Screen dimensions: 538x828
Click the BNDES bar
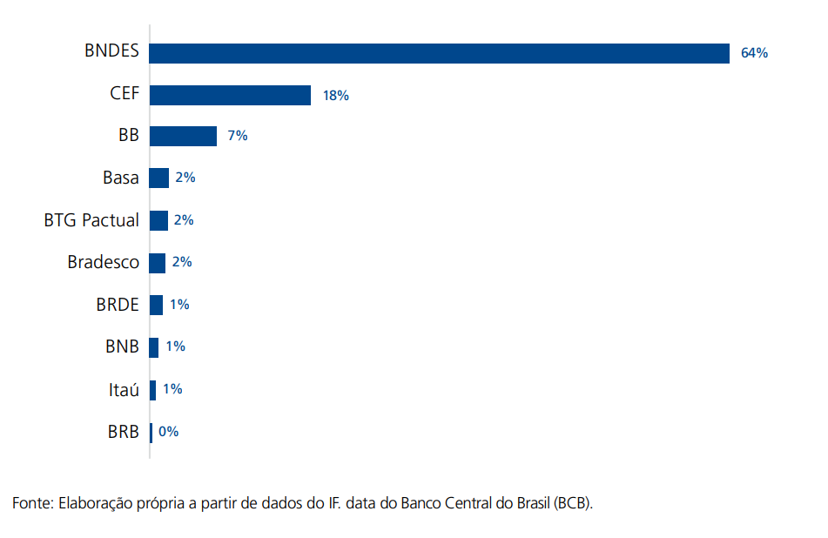tap(439, 53)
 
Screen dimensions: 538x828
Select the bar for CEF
tap(230, 95)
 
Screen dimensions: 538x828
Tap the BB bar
tap(183, 136)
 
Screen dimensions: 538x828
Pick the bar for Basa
tap(158, 178)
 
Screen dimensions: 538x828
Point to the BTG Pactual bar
tap(158, 220)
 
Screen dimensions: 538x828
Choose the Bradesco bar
tap(158, 262)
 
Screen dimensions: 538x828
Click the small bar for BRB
tap(151, 432)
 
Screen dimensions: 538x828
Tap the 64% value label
tap(754, 53)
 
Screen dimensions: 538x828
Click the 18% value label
tap(335, 96)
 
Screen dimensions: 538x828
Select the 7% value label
tap(238, 136)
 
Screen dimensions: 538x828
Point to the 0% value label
tap(168, 431)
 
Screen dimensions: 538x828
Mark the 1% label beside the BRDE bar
tap(179, 305)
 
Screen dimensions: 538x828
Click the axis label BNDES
tap(111, 51)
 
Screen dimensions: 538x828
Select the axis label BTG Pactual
tap(91, 220)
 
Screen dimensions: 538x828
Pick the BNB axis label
tap(121, 346)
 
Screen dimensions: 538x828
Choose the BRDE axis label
tap(118, 305)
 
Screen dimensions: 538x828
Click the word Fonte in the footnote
tap(32, 503)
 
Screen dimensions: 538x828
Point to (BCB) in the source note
tap(572, 503)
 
